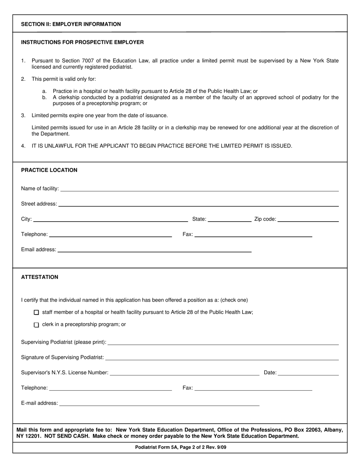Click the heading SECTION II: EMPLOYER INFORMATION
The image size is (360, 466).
71,24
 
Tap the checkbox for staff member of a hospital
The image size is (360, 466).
36,313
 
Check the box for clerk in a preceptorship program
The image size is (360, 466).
36,325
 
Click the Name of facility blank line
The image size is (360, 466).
199,189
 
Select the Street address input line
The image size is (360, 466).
198,204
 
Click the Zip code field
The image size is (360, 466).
308,219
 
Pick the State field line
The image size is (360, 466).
230,219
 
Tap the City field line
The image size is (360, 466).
110,219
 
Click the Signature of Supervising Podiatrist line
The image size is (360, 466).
222,357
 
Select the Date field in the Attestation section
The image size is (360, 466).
308,373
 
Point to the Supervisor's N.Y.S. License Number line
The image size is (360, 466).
184,373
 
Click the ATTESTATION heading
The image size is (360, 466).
40,277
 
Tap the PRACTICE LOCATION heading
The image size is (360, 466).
49,170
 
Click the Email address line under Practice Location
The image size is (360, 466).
154,250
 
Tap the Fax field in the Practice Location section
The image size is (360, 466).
253,235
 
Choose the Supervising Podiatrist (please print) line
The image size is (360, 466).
223,342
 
